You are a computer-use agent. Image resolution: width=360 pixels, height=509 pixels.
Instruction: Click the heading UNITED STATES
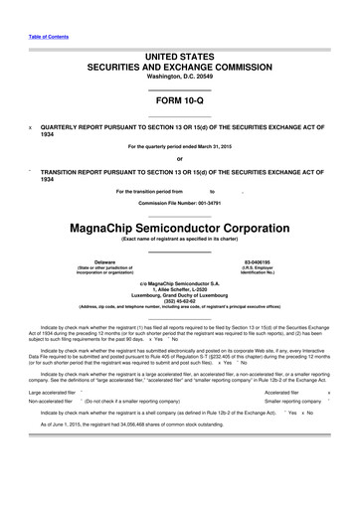tap(180, 60)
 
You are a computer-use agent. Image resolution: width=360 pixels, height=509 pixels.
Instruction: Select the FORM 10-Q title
tap(180, 104)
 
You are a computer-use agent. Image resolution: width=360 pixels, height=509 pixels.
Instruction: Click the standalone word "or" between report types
tap(180, 159)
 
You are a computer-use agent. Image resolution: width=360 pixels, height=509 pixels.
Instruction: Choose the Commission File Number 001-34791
tap(180, 203)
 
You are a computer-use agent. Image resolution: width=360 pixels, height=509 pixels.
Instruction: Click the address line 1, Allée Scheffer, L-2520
tap(180, 284)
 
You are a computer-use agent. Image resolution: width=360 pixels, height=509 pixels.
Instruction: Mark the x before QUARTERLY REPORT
tap(30, 128)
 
